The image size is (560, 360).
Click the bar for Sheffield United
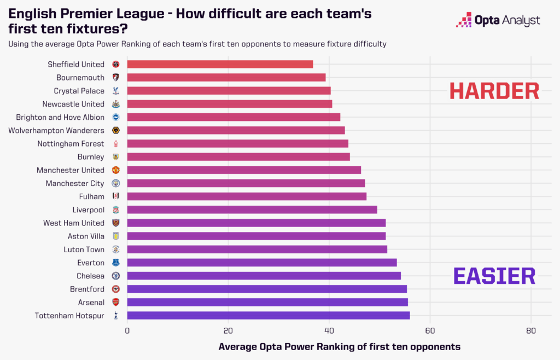220,64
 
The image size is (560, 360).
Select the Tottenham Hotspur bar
268,315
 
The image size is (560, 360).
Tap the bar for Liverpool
252,210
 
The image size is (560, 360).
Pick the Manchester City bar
246,183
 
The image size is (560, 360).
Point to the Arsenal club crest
115,302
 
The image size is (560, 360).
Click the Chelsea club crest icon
115,276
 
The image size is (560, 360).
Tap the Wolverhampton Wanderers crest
115,130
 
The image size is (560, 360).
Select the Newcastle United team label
73,104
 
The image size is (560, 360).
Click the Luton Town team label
83,249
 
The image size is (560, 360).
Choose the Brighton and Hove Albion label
60,117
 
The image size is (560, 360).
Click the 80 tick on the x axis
530,330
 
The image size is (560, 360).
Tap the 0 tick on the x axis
127,330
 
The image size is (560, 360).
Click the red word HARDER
494,91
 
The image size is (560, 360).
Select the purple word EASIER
494,276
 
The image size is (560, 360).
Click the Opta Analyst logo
498,20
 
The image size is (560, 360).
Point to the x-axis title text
339,347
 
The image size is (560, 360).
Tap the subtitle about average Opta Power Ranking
197,44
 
